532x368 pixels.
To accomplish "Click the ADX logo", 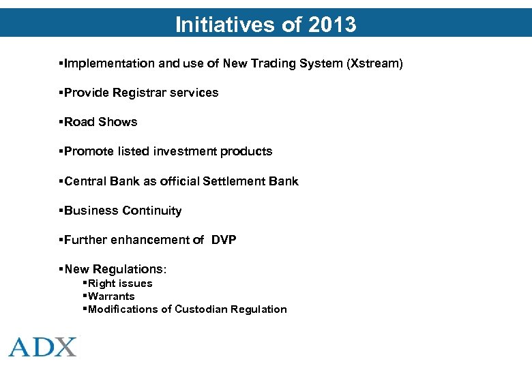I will [43, 346].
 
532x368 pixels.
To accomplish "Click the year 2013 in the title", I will [332, 25].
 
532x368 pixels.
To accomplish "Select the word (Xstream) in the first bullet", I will [374, 63].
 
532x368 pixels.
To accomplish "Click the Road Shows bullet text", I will [100, 122].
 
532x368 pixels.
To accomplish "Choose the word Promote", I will [88, 151].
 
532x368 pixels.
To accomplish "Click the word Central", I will [85, 181].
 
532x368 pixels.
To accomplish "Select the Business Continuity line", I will [123, 211].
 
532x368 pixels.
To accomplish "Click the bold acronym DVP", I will [224, 240].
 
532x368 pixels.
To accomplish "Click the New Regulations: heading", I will [115, 270].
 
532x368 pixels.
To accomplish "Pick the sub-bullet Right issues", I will [120, 283].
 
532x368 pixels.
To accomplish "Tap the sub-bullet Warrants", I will [111, 296].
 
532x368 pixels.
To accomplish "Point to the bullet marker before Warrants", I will [84, 296].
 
